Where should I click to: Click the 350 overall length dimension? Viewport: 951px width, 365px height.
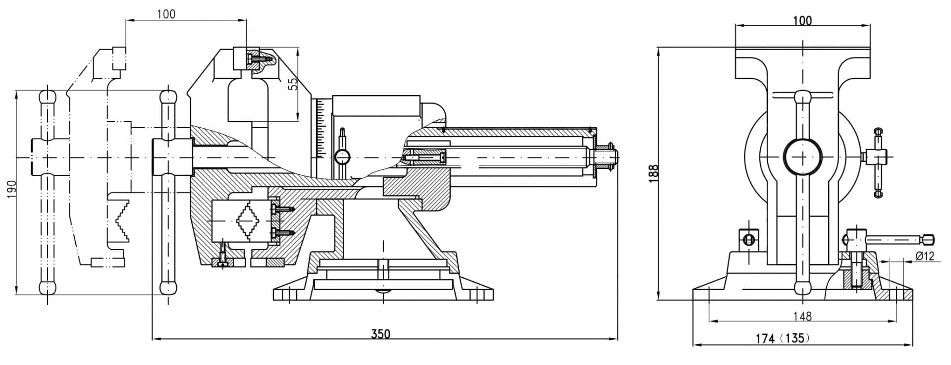[x=380, y=333]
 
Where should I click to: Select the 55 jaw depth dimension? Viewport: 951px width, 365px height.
[x=293, y=83]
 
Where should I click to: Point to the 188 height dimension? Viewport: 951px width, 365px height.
[x=653, y=173]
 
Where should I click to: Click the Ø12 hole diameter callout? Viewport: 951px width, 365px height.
[x=925, y=256]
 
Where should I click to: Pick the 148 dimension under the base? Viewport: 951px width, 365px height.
[x=802, y=315]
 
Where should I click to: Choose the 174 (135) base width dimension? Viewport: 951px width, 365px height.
[x=783, y=338]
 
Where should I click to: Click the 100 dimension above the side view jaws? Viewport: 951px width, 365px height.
[x=166, y=14]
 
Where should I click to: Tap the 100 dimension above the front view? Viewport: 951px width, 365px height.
[x=802, y=20]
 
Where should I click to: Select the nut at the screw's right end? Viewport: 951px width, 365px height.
[x=608, y=157]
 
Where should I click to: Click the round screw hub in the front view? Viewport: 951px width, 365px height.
[x=802, y=156]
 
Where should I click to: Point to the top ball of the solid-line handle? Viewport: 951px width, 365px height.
[x=168, y=96]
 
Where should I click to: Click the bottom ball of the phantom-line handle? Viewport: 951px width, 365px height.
[x=48, y=287]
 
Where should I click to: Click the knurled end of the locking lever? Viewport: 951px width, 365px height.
[x=929, y=240]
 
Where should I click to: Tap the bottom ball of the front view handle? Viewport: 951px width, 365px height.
[x=802, y=287]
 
